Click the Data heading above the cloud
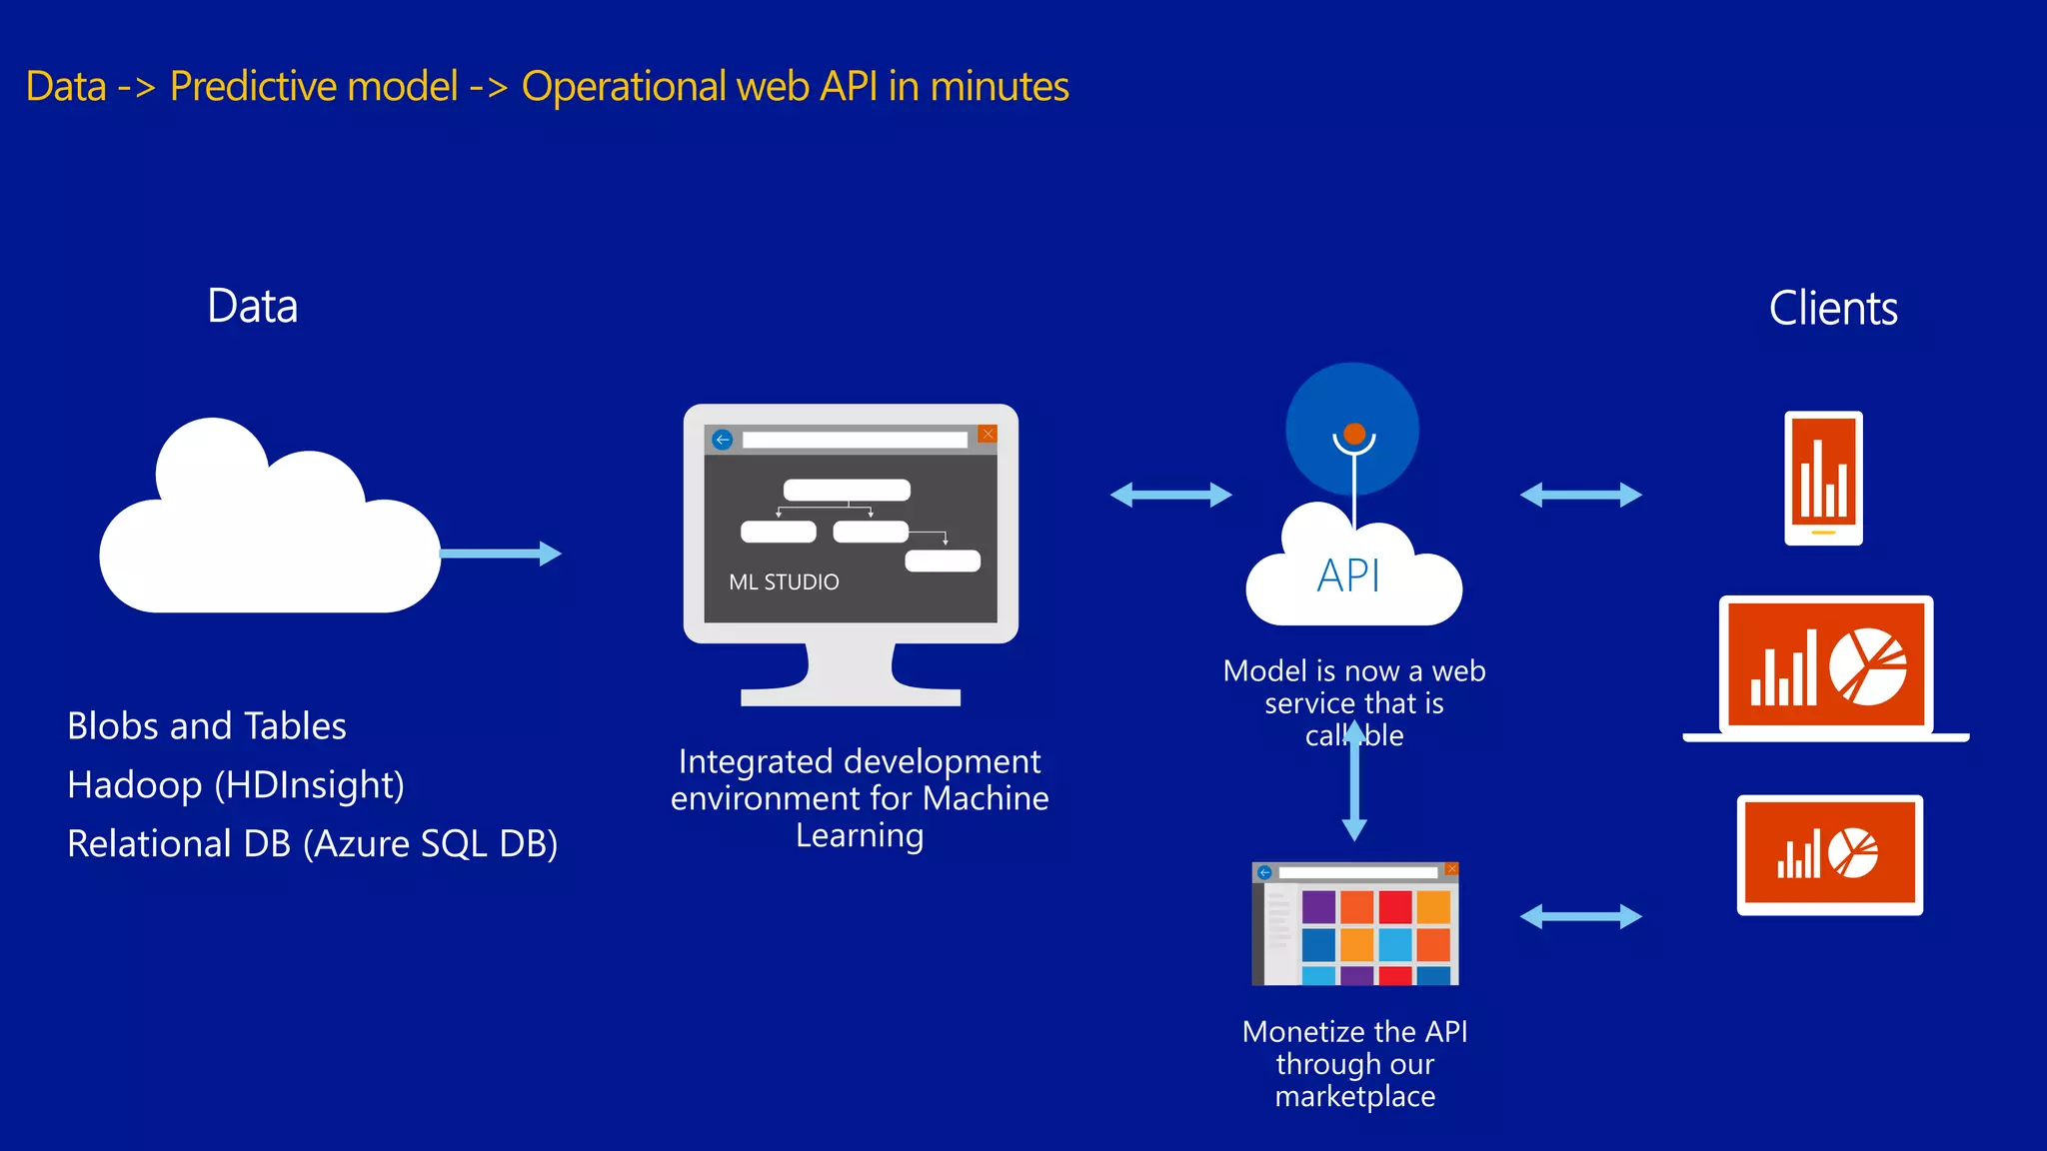tap(252, 306)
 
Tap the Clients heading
tap(1832, 308)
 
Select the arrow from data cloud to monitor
tap(500, 554)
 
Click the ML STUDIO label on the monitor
tap(784, 582)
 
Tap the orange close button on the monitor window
tap(988, 434)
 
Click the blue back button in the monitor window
tap(723, 440)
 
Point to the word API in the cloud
tap(1348, 575)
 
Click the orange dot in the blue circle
tap(1354, 434)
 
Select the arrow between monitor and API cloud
tap(1170, 495)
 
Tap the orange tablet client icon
tap(1823, 478)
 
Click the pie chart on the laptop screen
tap(1867, 666)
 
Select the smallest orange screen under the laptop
tap(1829, 855)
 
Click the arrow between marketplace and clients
tap(1580, 916)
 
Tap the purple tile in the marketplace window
tap(1318, 907)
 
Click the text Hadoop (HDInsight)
tap(236, 785)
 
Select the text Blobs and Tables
tap(207, 726)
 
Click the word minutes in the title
tap(999, 87)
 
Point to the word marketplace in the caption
tap(1354, 1097)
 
